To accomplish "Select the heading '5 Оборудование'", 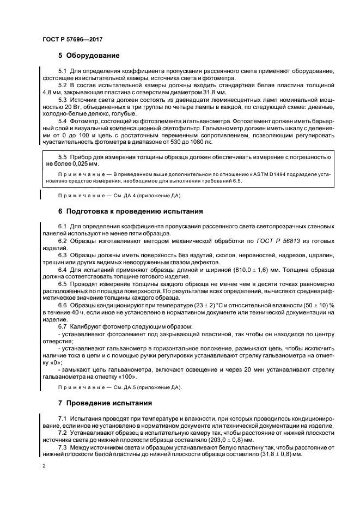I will (x=89, y=56).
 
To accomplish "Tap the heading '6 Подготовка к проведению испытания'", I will (x=130, y=210).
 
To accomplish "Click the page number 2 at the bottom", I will (x=44, y=466).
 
